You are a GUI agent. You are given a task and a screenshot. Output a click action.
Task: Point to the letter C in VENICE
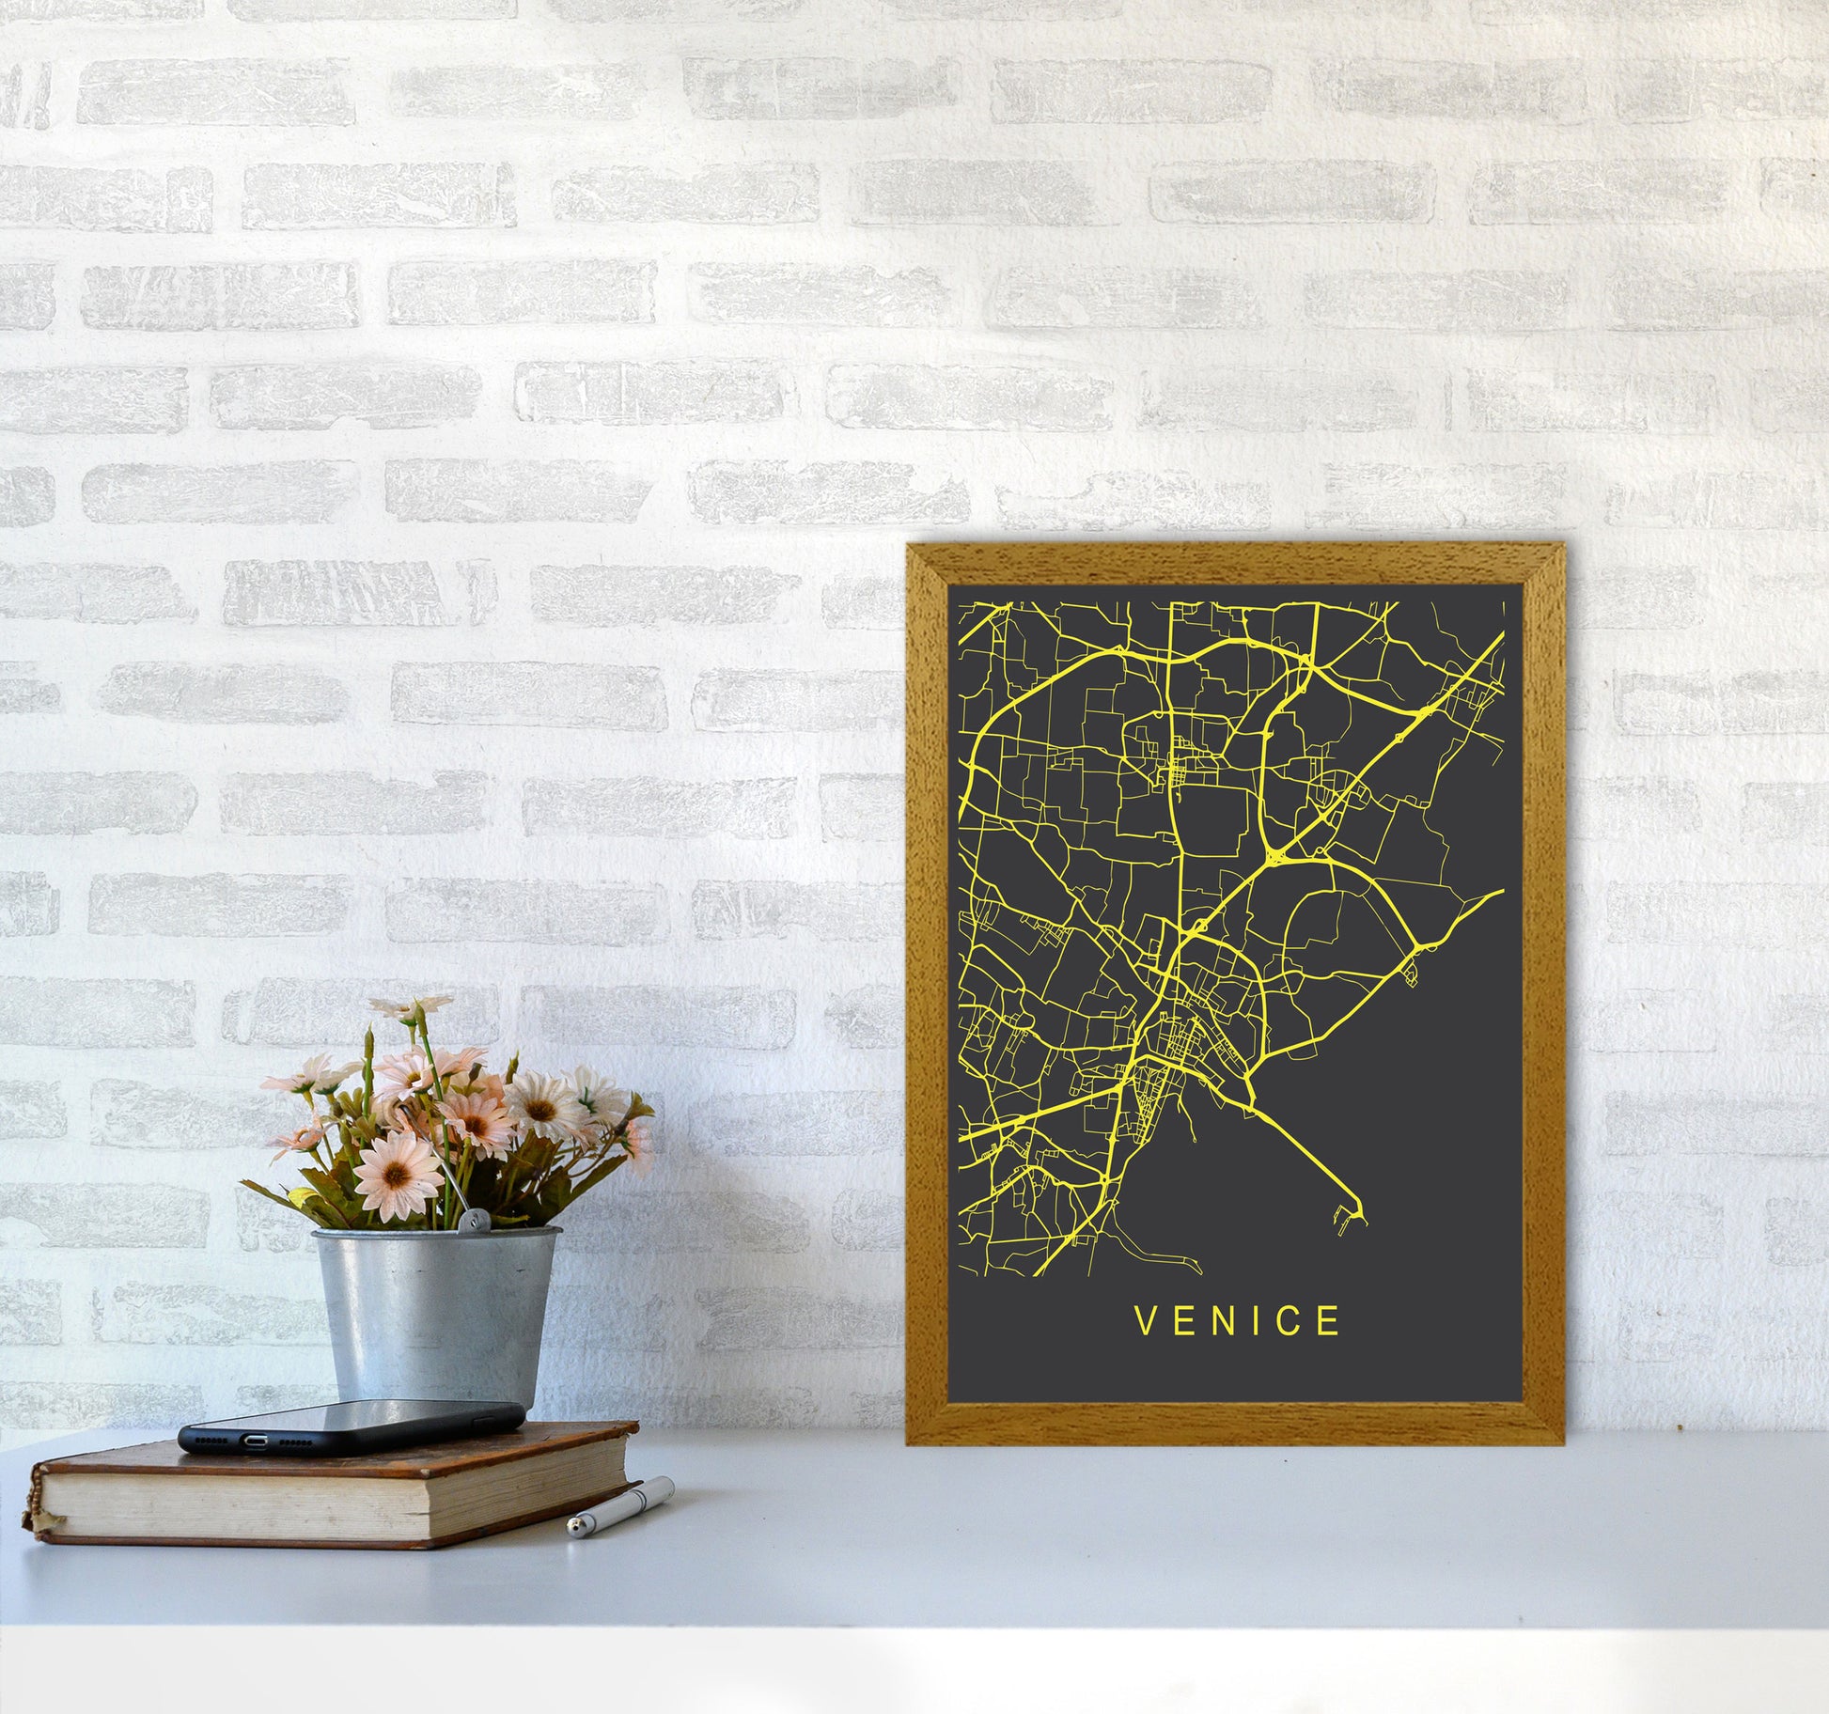click(1292, 1322)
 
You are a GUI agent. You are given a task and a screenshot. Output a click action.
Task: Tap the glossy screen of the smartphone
click(357, 1418)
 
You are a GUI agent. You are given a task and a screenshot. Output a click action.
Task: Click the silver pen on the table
click(620, 1506)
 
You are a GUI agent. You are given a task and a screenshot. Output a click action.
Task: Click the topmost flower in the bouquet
click(411, 1006)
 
